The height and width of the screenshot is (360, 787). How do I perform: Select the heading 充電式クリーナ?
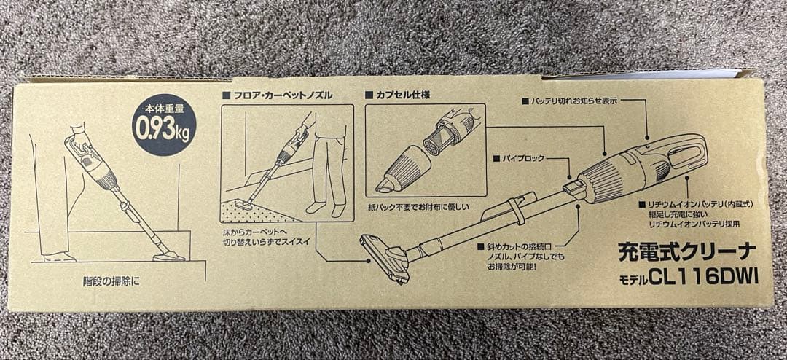point(687,252)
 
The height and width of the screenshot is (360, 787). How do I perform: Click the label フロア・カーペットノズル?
point(281,95)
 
